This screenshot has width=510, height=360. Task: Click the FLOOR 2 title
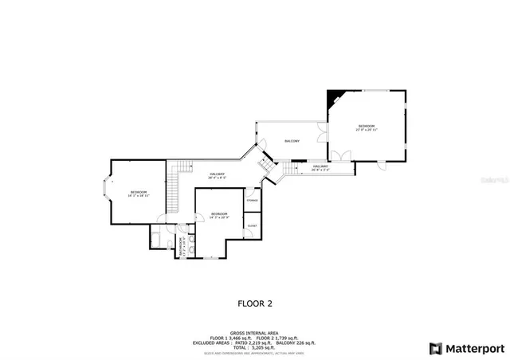255,303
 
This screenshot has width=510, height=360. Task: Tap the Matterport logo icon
434,347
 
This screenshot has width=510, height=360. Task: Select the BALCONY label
292,141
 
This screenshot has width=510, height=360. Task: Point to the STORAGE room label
252,200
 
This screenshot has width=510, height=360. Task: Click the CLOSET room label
252,226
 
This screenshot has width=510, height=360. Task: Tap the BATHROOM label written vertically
182,245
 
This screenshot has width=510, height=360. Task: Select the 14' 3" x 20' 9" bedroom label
219,215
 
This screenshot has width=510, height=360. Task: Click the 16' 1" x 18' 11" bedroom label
139,193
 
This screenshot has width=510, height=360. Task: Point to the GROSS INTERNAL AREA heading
254,333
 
